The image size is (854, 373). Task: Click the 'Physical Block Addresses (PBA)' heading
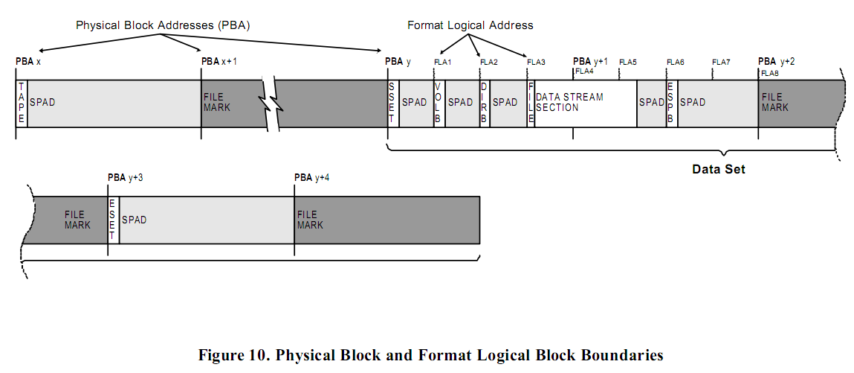tap(163, 25)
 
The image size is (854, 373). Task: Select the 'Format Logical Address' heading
tap(470, 25)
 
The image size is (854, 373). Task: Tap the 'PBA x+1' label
tap(219, 61)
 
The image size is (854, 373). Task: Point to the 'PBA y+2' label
tap(776, 61)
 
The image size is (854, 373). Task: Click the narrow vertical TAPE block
tap(22, 103)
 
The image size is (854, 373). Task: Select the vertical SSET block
tap(392, 103)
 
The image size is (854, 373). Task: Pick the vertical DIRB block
tap(484, 103)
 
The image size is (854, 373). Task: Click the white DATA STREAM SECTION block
tap(585, 103)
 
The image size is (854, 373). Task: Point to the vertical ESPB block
tap(671, 103)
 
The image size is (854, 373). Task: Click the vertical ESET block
tap(113, 220)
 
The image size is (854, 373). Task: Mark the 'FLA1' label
tap(443, 62)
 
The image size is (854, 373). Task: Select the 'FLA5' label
tap(628, 62)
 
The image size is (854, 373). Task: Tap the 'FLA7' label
tap(721, 62)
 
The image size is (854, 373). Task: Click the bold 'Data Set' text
tap(718, 170)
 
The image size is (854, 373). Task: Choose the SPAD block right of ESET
tap(205, 220)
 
